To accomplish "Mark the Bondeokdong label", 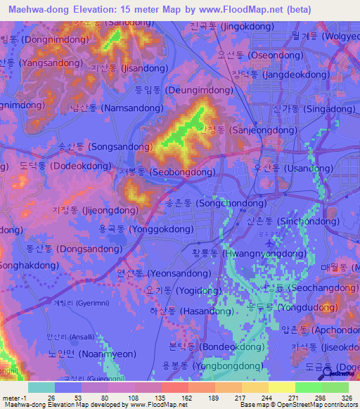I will tap(210, 347).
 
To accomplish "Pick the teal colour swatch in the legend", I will tap(41, 387).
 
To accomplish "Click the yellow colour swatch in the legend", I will tap(281, 387).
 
